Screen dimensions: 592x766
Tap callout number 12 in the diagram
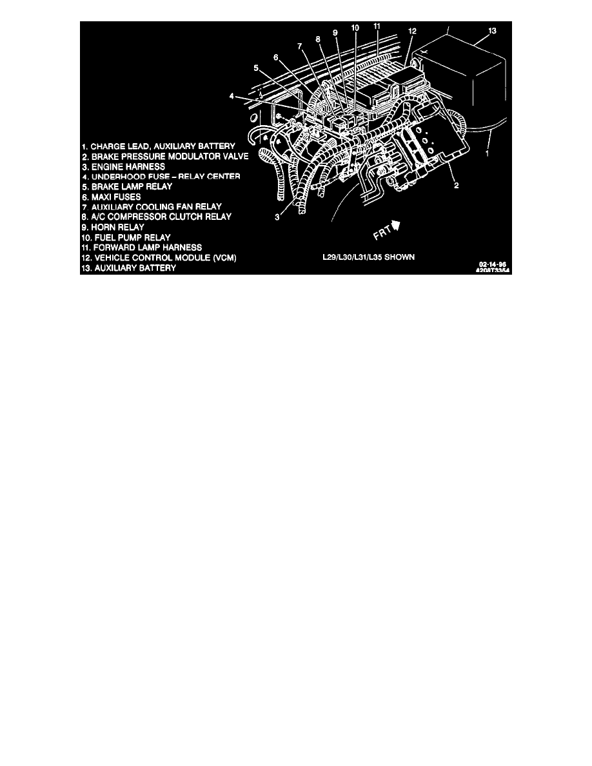tap(412, 31)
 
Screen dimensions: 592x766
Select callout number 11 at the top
tap(377, 26)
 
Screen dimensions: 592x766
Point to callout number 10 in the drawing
tap(355, 28)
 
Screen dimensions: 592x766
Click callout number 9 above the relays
tap(335, 32)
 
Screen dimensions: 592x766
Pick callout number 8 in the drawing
tap(317, 39)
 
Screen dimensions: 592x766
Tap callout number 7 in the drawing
tap(299, 46)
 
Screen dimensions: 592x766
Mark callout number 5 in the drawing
tap(256, 67)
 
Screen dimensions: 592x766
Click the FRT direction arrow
tap(396, 225)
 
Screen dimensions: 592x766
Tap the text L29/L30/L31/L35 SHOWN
tap(368, 257)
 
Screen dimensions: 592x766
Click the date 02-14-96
tap(492, 264)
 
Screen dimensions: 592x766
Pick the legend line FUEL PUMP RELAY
tap(126, 237)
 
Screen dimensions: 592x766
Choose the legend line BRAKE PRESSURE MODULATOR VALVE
tap(166, 157)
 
